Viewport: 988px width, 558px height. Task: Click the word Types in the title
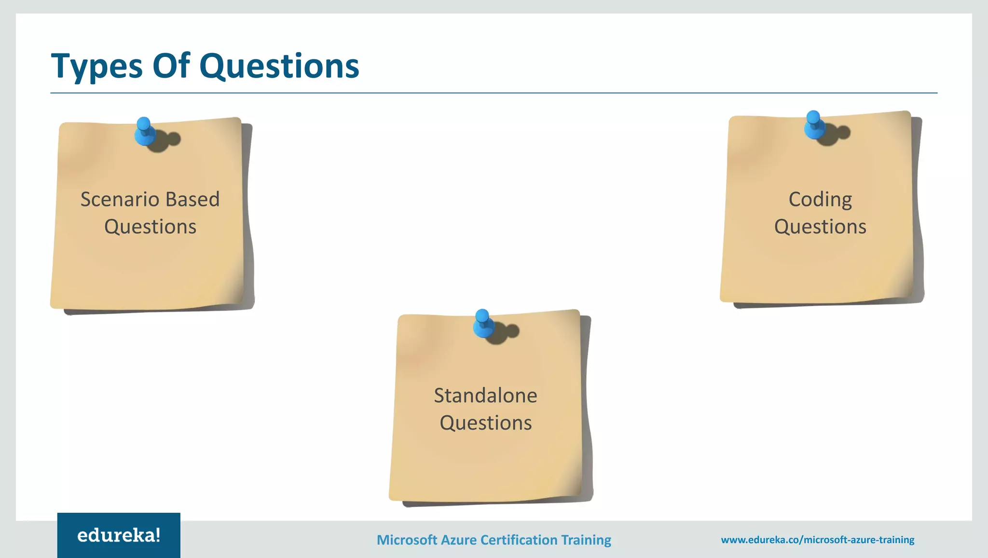96,67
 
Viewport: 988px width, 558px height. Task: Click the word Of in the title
171,66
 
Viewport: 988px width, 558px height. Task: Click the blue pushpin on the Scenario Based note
144,131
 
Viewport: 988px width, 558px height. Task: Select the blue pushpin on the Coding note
814,125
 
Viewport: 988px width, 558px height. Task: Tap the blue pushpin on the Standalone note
483,323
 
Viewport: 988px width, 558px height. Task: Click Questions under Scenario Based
150,227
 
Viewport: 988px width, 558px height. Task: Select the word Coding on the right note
820,199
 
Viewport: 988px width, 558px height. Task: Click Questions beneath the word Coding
820,227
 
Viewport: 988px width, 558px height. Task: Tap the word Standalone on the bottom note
485,395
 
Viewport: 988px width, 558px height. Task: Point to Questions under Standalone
485,423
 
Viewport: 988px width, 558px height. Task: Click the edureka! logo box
119,535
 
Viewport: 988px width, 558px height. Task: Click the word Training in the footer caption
586,540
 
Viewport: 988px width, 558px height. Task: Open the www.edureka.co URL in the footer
817,540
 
